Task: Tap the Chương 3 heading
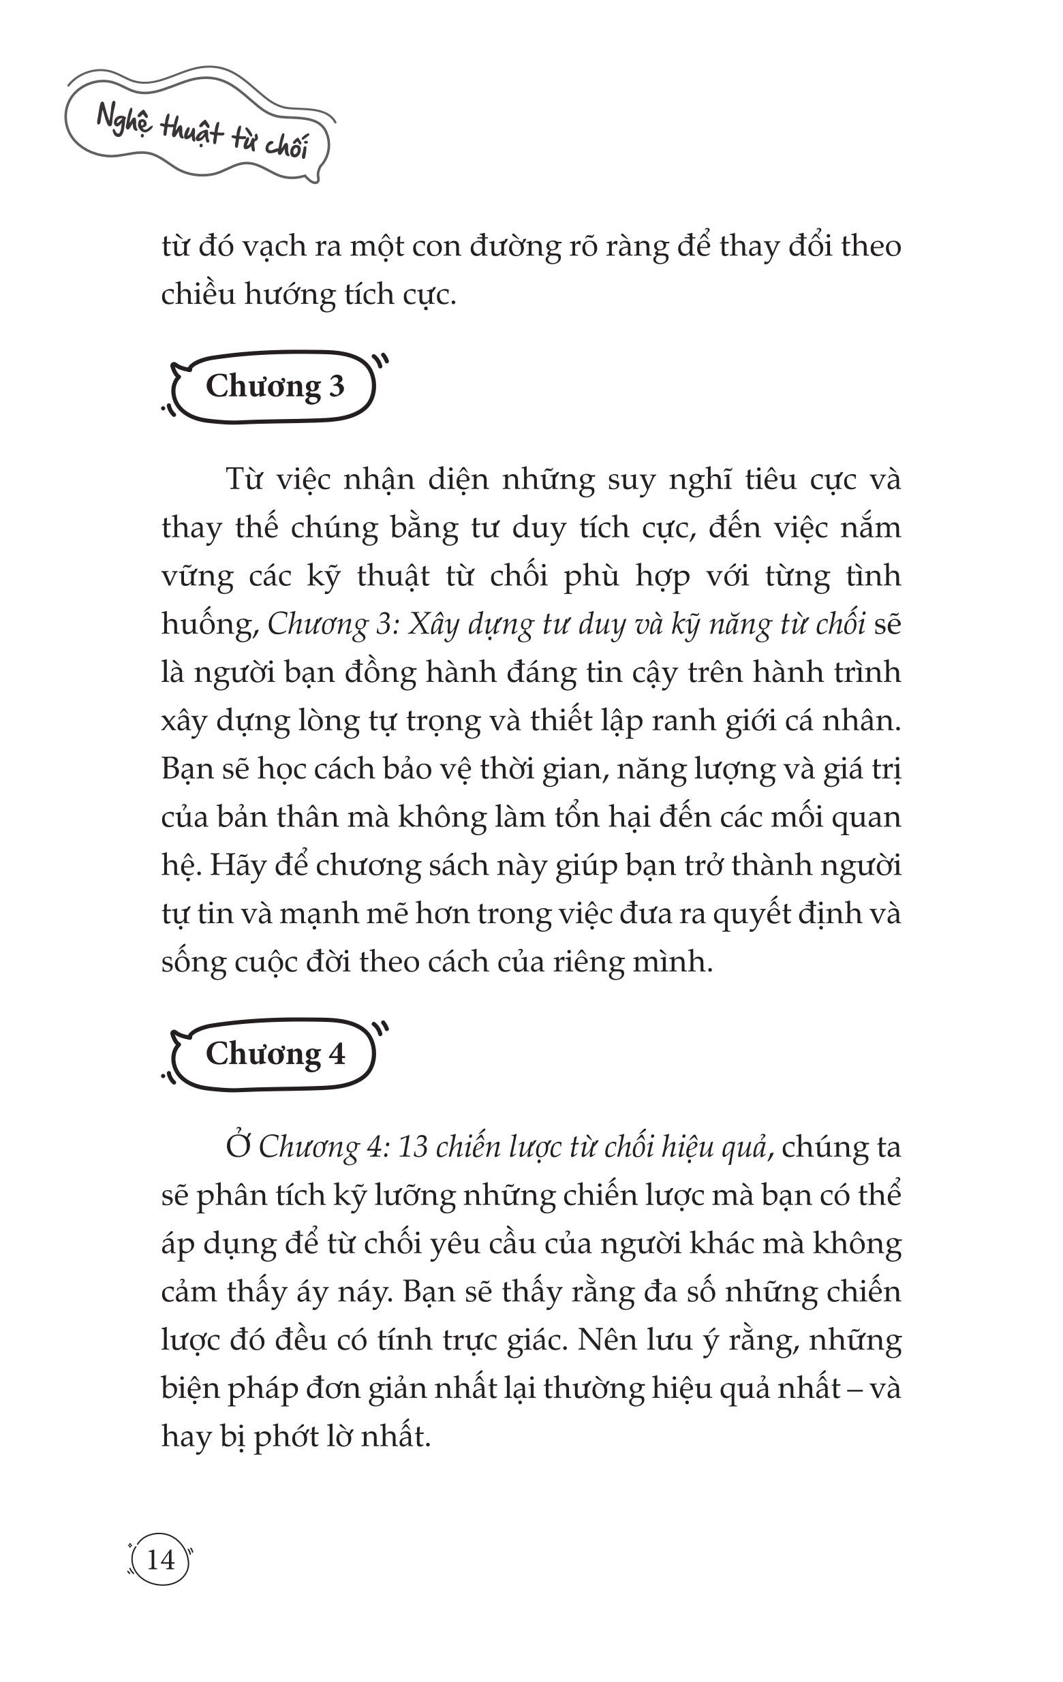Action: point(275,386)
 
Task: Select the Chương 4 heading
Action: point(275,1054)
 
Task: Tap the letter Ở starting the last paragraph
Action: point(238,1147)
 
